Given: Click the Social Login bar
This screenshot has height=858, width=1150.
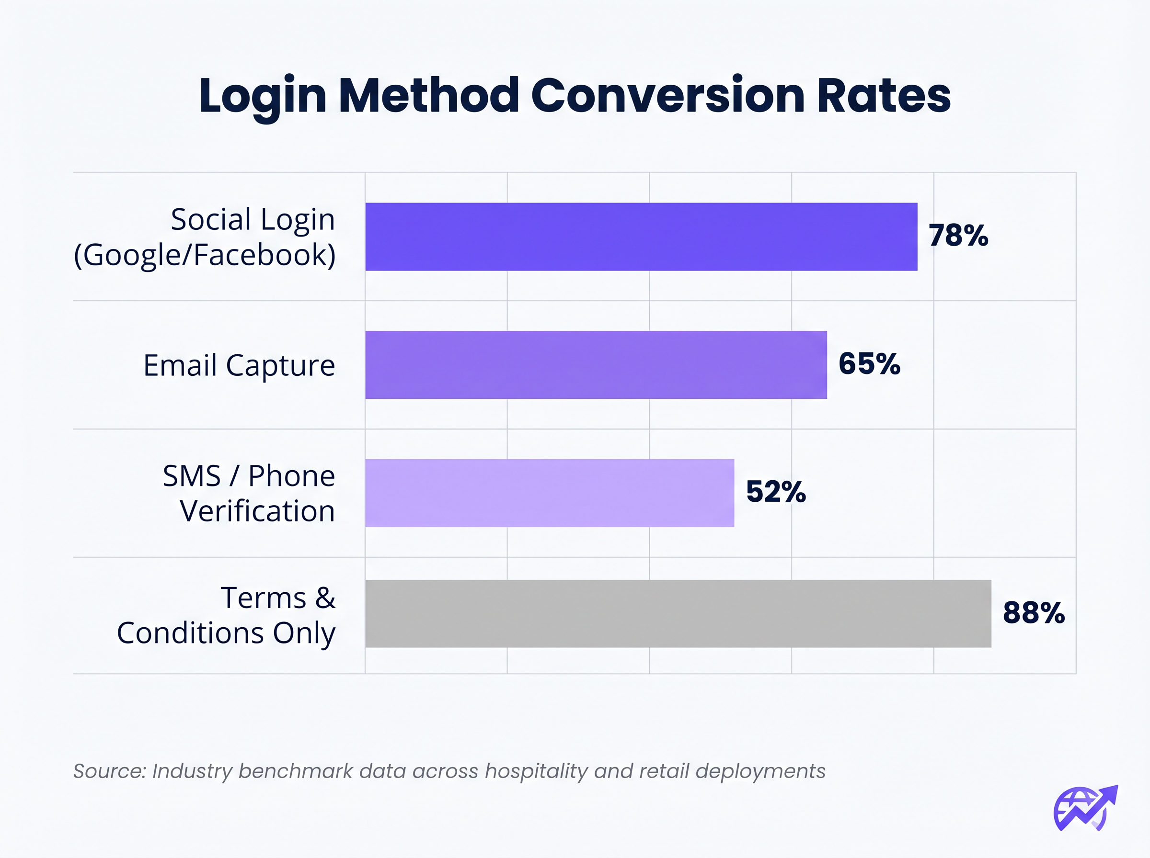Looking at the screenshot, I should [x=641, y=237].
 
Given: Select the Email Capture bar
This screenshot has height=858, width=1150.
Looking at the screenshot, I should [x=596, y=364].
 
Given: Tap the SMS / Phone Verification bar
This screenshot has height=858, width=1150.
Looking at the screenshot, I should [x=549, y=493].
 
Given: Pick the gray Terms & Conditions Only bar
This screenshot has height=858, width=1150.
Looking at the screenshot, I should [x=678, y=613].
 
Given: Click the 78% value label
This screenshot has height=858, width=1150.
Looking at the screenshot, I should [x=958, y=236].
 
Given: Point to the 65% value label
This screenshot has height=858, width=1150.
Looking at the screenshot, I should [x=869, y=363].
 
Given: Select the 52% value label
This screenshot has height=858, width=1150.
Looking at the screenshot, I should [x=775, y=492].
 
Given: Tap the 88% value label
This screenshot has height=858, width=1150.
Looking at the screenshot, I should [x=1033, y=613].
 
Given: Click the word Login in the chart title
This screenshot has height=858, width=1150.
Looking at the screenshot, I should [x=263, y=97].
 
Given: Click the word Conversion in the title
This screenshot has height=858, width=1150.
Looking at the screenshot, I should [x=668, y=96].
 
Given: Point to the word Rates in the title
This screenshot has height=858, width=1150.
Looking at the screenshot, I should [x=884, y=96].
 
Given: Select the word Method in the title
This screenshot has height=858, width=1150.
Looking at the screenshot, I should [x=429, y=96].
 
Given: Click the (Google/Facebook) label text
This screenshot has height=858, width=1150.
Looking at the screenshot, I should [x=205, y=255].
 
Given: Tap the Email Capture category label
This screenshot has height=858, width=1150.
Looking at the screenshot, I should [x=239, y=365].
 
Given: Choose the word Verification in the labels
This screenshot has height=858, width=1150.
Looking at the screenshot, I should [x=257, y=511].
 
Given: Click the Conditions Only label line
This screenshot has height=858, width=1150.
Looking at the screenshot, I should [x=226, y=633].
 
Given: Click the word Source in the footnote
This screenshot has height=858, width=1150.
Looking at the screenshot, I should [x=109, y=771].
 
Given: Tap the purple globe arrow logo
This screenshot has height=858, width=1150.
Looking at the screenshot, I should [x=1085, y=808].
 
